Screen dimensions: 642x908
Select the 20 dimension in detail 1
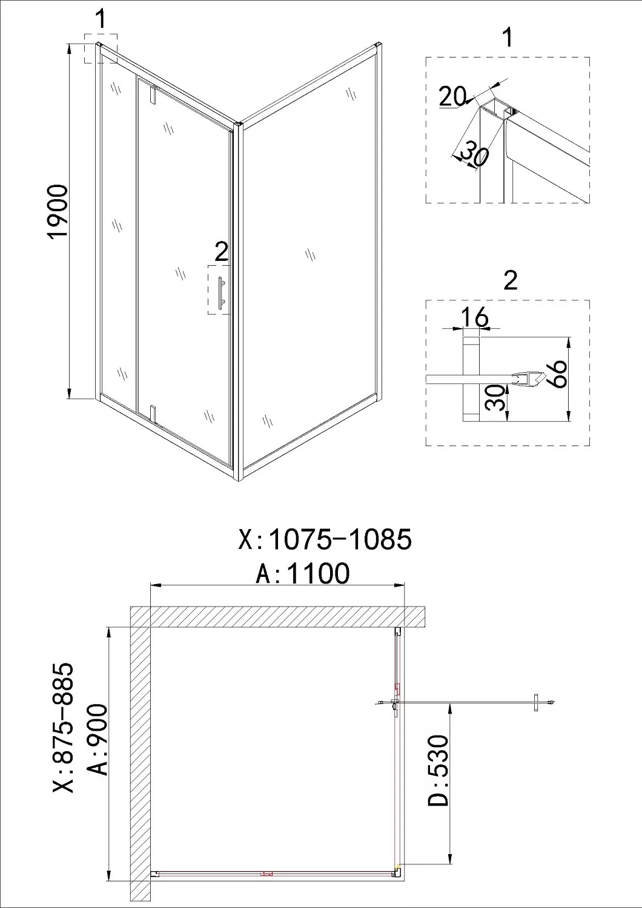tap(452, 96)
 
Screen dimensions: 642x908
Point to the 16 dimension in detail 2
tap(474, 317)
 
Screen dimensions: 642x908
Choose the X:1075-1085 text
tap(325, 539)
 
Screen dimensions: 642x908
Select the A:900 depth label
tap(98, 739)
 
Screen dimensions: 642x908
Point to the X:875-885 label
tap(64, 728)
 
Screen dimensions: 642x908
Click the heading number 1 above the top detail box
tap(508, 38)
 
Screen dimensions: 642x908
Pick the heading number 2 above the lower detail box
tap(511, 280)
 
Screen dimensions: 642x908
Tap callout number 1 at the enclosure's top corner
tap(101, 19)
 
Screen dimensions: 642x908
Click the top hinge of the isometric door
tap(153, 94)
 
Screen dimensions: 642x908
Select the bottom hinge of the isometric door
tap(153, 412)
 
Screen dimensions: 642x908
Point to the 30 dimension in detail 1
tap(474, 153)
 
